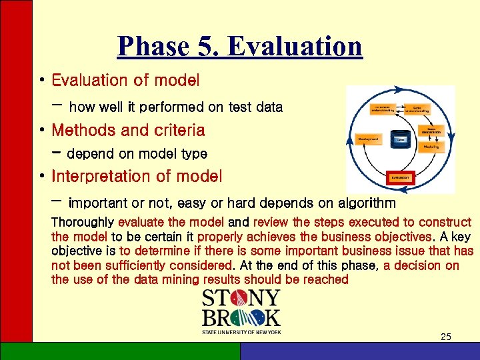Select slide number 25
(445, 337)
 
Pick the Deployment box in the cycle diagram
(369, 139)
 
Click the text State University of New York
(241, 331)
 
